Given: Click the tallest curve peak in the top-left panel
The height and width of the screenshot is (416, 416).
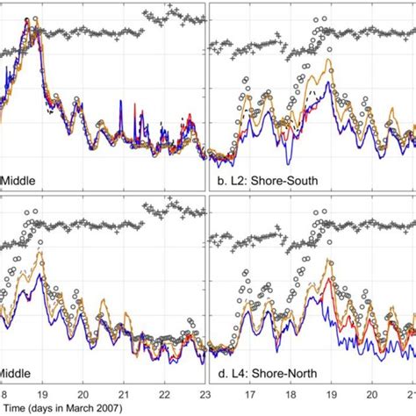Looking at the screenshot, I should pyautogui.click(x=32, y=19).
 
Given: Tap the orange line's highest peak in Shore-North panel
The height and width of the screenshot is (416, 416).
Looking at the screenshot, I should pyautogui.click(x=329, y=261).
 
